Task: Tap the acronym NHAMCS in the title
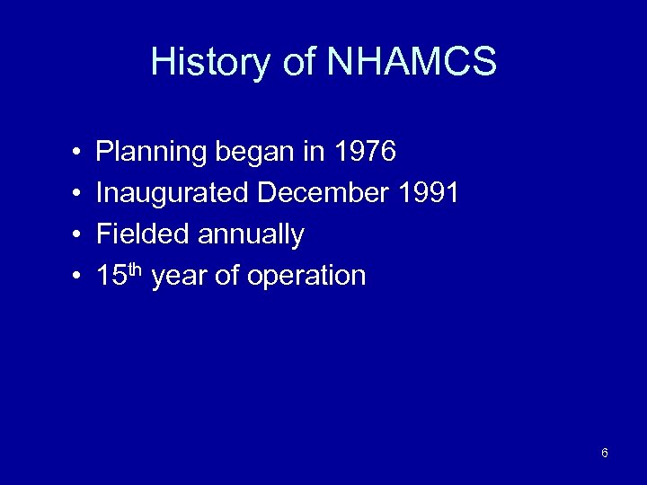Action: pos(411,63)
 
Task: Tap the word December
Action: pos(321,193)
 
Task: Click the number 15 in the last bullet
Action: pos(111,276)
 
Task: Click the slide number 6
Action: pos(605,453)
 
